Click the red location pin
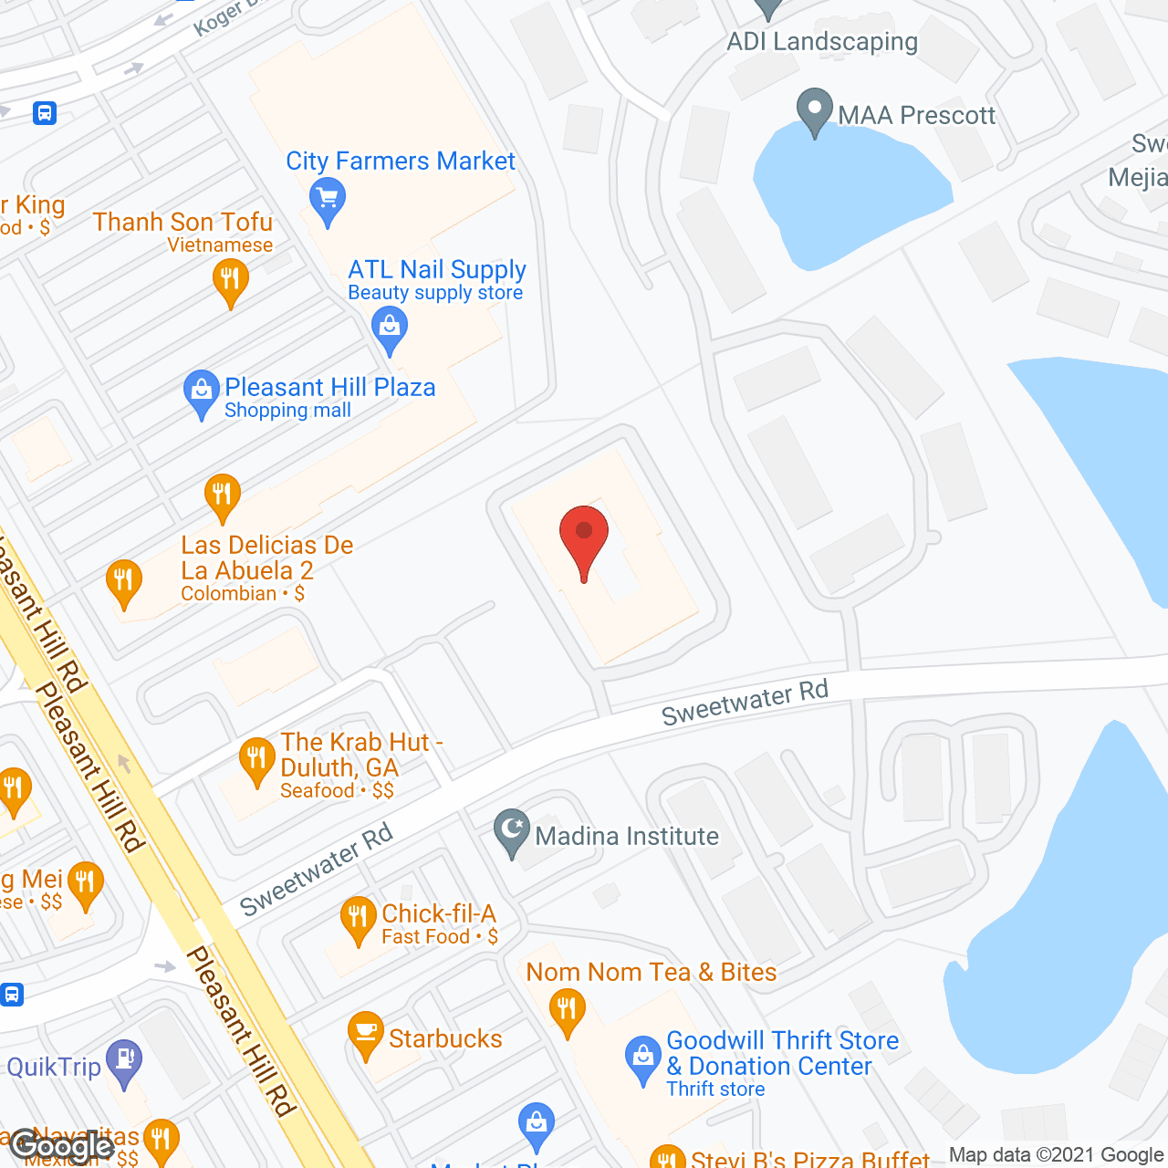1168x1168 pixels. coord(584,539)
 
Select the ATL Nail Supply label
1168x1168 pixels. coord(437,270)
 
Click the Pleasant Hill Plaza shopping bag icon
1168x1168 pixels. coord(201,392)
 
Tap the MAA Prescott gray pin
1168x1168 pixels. coord(814,110)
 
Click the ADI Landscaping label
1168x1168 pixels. coord(822,42)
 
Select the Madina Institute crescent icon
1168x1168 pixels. coord(512,832)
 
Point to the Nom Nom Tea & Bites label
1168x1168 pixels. coord(652,973)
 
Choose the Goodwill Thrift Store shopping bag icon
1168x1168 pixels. coord(642,1058)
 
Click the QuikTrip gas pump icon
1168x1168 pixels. coord(124,1061)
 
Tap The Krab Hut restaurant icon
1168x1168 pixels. coord(256,760)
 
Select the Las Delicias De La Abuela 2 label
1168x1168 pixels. coord(266,558)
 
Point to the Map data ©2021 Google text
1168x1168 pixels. coord(1057,1155)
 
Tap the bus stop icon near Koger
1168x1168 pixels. coord(44,113)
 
